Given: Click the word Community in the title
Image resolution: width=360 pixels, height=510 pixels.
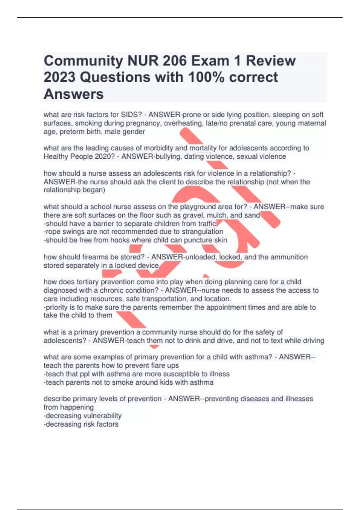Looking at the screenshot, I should (83, 61).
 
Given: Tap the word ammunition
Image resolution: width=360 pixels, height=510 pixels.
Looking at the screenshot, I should (289, 257).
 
